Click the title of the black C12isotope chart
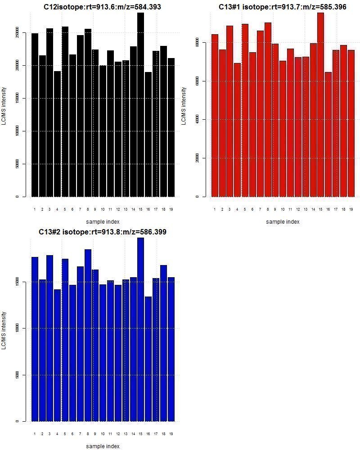tap(103, 7)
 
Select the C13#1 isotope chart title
tap(283, 7)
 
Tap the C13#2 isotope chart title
tap(103, 232)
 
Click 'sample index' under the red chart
tap(283, 221)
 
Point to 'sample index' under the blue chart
tap(103, 446)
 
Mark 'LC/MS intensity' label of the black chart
tap(4, 107)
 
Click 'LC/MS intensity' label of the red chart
tap(184, 107)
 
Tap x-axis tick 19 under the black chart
tap(171, 209)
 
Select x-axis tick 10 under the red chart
tap(283, 209)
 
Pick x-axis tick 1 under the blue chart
tap(35, 434)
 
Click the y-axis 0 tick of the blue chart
tap(18, 421)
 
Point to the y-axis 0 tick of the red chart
tap(197, 197)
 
